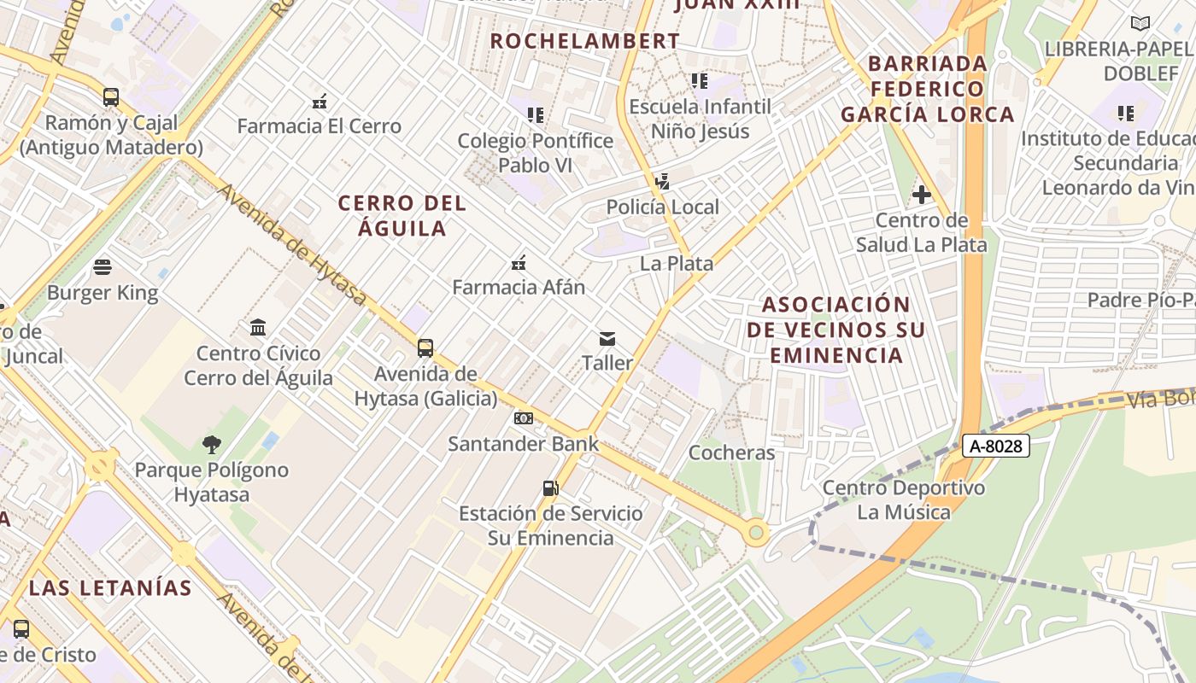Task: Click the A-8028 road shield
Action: pyautogui.click(x=996, y=446)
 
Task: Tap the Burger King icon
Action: pyautogui.click(x=103, y=267)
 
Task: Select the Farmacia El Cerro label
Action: pyautogui.click(x=319, y=126)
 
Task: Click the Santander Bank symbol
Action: pyautogui.click(x=524, y=418)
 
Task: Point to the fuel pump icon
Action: pyautogui.click(x=551, y=488)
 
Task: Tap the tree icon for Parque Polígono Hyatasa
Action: pyautogui.click(x=212, y=444)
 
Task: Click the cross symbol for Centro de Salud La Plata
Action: pyautogui.click(x=921, y=195)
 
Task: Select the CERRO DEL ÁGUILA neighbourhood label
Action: pyautogui.click(x=402, y=215)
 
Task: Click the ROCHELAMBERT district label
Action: pyautogui.click(x=585, y=41)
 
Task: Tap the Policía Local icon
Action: pyautogui.click(x=662, y=181)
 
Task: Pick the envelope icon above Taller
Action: pyautogui.click(x=607, y=339)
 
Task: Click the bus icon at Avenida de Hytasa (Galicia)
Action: pyautogui.click(x=425, y=348)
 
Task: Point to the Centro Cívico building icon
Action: pyautogui.click(x=258, y=327)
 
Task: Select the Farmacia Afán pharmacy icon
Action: pyautogui.click(x=519, y=262)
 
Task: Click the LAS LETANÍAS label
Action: pyautogui.click(x=110, y=587)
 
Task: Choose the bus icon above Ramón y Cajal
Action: pyautogui.click(x=111, y=97)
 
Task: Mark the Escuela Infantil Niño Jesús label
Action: pyautogui.click(x=701, y=119)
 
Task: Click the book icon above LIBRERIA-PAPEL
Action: pyautogui.click(x=1140, y=24)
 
